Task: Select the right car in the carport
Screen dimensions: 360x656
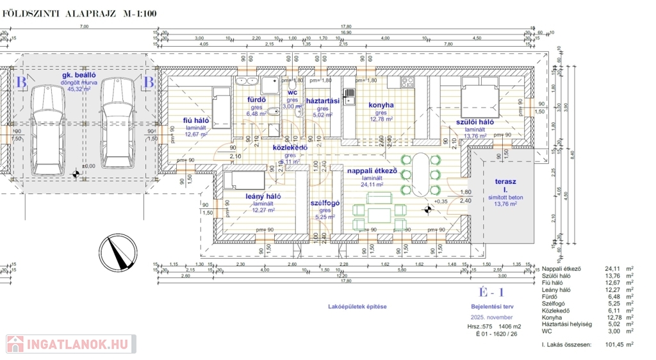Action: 117,122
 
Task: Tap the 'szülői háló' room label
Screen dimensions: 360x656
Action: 474,122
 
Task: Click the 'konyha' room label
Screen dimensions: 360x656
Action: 381,105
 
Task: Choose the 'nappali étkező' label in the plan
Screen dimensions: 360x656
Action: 372,171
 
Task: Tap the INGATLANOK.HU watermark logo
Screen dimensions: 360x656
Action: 70,344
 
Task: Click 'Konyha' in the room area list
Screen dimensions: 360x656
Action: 552,317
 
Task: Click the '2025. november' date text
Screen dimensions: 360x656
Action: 491,317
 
